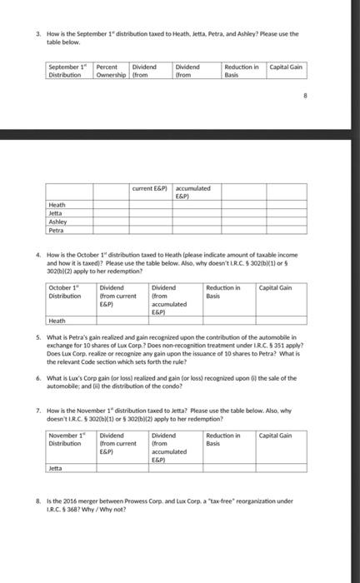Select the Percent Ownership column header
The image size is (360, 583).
pos(107,69)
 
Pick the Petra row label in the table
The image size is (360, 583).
pos(56,230)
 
